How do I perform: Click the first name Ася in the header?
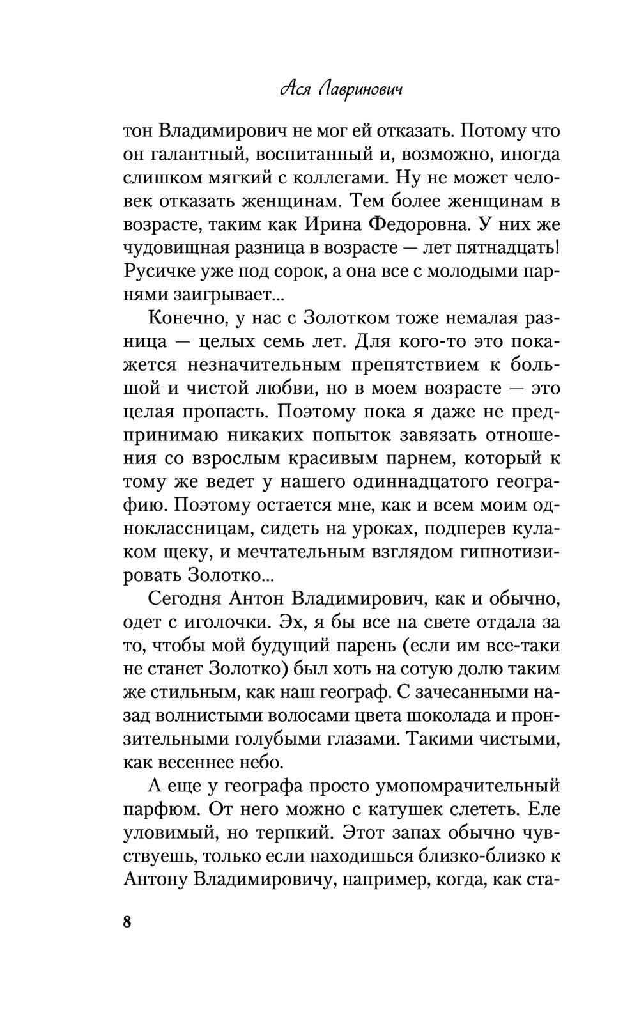(293, 90)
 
